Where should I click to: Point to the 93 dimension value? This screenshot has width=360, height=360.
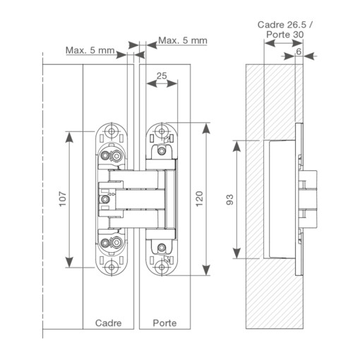coord(228,200)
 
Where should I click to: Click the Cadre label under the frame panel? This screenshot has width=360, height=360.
coord(108,323)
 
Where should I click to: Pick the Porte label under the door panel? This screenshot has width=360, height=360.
coord(164,323)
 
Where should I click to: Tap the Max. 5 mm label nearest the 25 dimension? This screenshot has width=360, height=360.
coord(182,41)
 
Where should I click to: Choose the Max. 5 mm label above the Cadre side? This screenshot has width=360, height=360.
coord(90,49)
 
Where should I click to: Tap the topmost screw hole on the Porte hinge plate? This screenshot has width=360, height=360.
coord(164,131)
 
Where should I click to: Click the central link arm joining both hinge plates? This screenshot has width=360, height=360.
coord(138,200)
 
